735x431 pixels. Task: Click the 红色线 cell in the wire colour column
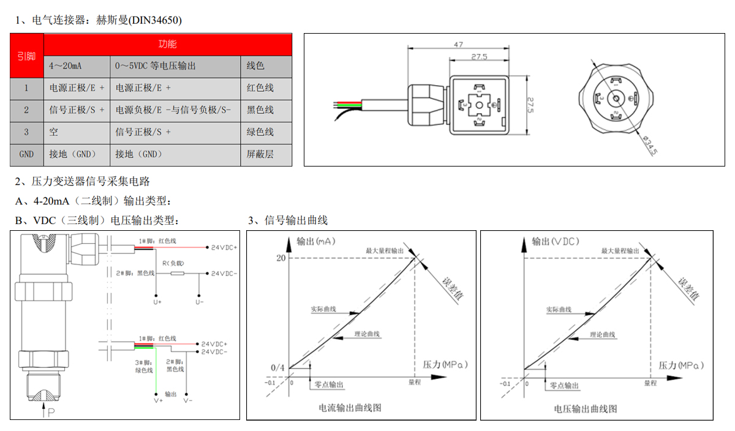(x=260, y=88)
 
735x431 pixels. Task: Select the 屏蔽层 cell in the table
(x=260, y=154)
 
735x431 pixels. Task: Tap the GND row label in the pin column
(x=26, y=154)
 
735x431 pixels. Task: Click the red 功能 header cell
(x=167, y=44)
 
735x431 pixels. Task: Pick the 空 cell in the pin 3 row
(x=55, y=132)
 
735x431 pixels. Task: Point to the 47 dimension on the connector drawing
(x=458, y=44)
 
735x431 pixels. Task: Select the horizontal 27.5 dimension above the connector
(x=479, y=57)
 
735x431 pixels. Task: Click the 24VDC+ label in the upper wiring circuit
(x=224, y=247)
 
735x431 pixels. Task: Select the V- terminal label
(x=188, y=400)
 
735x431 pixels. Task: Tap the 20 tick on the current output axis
(x=281, y=258)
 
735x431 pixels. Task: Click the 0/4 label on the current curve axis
(x=277, y=367)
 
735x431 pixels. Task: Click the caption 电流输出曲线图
(x=350, y=408)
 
